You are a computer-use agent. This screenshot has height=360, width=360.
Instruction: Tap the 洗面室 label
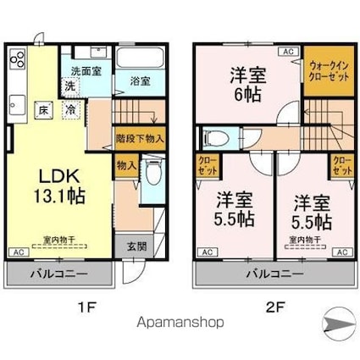pyautogui.click(x=86, y=72)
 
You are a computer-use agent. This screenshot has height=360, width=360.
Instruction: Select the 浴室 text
pyautogui.click(x=141, y=81)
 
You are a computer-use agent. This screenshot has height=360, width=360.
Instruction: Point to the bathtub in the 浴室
pyautogui.click(x=140, y=60)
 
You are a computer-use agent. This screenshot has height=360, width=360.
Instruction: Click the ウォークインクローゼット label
pyautogui.click(x=327, y=70)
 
